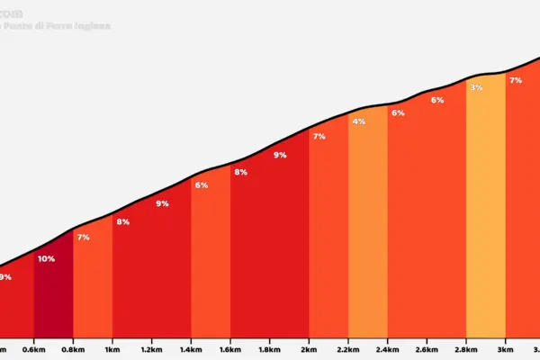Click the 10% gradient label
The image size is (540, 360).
click(46, 259)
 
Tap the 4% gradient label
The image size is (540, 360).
click(359, 121)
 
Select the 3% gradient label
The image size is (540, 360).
click(476, 87)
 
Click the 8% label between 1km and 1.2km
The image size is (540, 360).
click(123, 222)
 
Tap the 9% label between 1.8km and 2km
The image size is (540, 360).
click(280, 155)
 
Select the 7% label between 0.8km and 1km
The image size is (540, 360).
click(83, 238)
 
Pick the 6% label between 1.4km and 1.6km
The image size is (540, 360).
click(202, 185)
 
